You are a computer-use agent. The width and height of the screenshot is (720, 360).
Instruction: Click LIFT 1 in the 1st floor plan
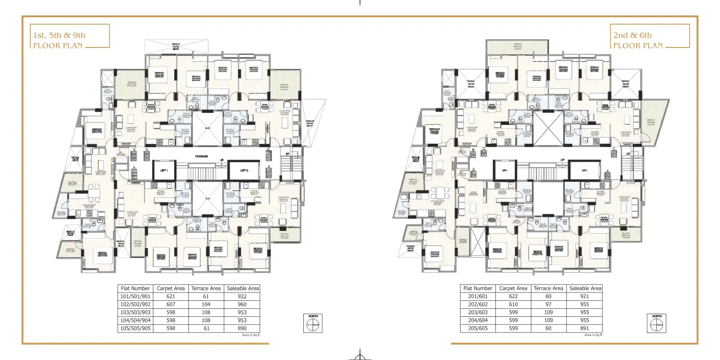pos(164,170)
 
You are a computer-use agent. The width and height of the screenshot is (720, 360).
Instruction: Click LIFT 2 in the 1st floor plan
pos(244,170)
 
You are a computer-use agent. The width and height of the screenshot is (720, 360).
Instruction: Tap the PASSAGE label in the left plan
pos(201,156)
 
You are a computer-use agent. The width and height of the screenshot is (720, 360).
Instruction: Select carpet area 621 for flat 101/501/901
pos(171,296)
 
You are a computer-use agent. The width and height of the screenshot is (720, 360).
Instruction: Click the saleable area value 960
pos(242,304)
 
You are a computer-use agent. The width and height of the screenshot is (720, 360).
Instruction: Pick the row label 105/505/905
pos(135,328)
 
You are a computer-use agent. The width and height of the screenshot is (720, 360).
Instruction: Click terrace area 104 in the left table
pos(206,304)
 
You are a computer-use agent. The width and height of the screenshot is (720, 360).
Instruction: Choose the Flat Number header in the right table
pos(477,288)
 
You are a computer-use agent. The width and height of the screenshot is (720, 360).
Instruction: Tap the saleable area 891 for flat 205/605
pos(585,328)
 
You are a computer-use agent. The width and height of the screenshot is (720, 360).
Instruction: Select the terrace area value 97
pos(548,304)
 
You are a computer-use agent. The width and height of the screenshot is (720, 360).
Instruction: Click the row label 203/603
pos(477,312)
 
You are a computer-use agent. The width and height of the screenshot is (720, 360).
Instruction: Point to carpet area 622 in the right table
pos(513,296)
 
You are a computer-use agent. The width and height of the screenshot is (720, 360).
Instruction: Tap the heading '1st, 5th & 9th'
pos(59,35)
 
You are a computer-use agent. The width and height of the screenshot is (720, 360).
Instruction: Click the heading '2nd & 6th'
pos(632,35)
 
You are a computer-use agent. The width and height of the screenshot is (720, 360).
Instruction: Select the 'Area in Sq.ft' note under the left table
pos(251,335)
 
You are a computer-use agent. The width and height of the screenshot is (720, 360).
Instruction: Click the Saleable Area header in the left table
pos(242,288)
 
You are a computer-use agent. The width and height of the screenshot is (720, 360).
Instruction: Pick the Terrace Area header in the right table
pos(548,288)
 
